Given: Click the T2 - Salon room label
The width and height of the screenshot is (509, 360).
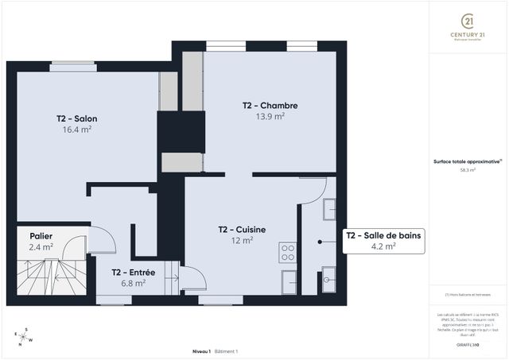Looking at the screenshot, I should point(76,118).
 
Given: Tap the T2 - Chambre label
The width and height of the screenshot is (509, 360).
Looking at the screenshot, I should point(270,105).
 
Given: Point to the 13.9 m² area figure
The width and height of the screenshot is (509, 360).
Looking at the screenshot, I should point(270,115).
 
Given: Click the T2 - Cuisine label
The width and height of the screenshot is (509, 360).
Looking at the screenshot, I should point(242,230).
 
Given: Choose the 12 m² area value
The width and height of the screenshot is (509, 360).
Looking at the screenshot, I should point(242,240).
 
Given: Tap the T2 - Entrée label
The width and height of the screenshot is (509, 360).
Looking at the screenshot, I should point(133,273).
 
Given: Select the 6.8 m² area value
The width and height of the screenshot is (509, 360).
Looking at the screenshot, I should point(133,283).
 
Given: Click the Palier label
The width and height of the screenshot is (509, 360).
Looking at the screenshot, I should point(41,236).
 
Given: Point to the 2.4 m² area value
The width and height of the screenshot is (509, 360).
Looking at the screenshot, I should point(41,247).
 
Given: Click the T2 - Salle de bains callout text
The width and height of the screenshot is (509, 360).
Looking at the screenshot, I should point(383,235).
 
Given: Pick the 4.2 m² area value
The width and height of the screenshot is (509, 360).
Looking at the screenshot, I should point(383,246).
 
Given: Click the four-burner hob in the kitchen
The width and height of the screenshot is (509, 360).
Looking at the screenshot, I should point(288,253).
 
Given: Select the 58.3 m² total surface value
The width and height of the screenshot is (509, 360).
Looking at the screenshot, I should point(468,170).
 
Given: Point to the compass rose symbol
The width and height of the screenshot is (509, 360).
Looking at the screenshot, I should point(25,337).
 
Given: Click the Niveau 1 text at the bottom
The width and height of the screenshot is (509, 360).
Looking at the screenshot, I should point(201,350).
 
